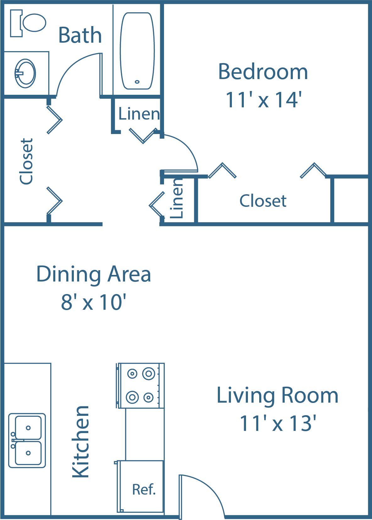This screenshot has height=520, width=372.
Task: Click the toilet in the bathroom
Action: (x=28, y=23)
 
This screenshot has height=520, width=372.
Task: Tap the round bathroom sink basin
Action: (x=25, y=73)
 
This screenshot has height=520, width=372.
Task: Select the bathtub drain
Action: (x=137, y=82)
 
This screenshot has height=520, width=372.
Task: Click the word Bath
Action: (x=80, y=35)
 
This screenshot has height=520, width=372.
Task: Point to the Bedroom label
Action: (x=263, y=72)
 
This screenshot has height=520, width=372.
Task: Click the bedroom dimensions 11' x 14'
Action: (x=264, y=100)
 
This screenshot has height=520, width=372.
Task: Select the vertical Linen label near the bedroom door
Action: (x=177, y=198)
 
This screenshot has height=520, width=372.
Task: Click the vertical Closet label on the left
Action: (x=26, y=161)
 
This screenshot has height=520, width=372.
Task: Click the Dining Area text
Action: (x=94, y=274)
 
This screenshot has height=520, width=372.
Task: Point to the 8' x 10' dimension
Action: (x=93, y=302)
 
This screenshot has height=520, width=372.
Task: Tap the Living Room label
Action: (x=277, y=395)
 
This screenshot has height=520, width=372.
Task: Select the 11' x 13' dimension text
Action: (x=278, y=423)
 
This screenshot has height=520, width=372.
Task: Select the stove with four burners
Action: (x=140, y=386)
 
